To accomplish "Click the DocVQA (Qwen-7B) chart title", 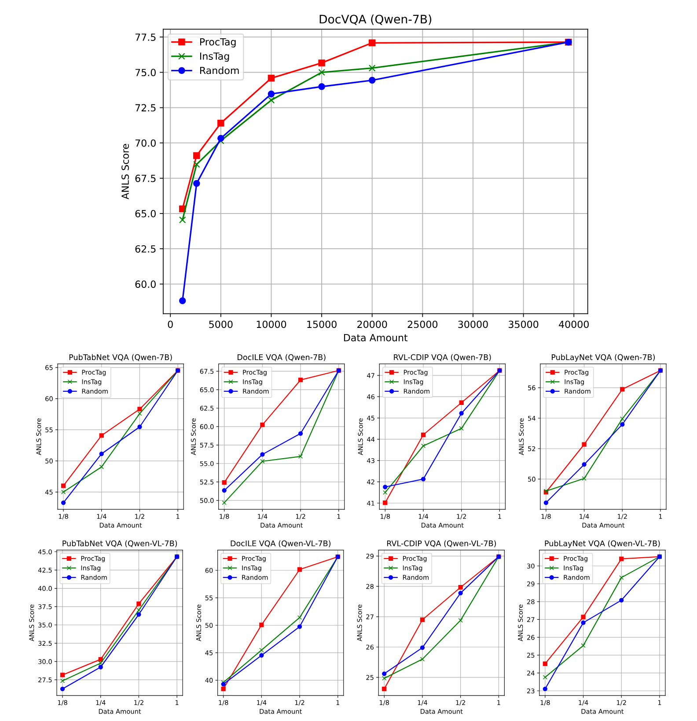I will point(375,19).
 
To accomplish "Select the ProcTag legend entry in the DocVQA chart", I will point(217,42).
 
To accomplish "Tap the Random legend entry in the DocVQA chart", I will point(219,71).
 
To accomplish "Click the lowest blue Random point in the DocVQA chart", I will point(182,301).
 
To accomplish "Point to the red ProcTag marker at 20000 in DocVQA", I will point(372,43).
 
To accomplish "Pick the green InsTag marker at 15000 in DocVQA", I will point(322,72).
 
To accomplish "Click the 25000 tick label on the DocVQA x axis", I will point(422,325).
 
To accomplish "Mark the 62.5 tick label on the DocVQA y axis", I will point(146,249).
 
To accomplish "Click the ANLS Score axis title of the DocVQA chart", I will point(126,171).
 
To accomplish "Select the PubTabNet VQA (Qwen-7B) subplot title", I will point(121,357).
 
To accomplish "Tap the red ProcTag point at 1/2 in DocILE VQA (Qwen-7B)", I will point(301,380).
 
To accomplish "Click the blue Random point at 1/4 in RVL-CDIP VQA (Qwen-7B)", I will point(423,479).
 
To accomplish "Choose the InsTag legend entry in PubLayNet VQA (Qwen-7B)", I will point(574,382).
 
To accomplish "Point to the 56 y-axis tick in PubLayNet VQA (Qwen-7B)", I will point(531,388).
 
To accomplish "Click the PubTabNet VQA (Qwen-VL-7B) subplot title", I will point(120,544).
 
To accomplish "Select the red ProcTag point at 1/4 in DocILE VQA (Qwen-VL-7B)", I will point(261,625).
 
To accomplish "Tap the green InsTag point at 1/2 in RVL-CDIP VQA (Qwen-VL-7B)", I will point(461,620).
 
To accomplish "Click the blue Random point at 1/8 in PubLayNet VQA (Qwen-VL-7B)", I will point(545,689).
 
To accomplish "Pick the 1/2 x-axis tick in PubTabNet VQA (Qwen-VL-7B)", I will point(139,703).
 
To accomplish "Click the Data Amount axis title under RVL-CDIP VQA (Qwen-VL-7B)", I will point(441,711).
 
